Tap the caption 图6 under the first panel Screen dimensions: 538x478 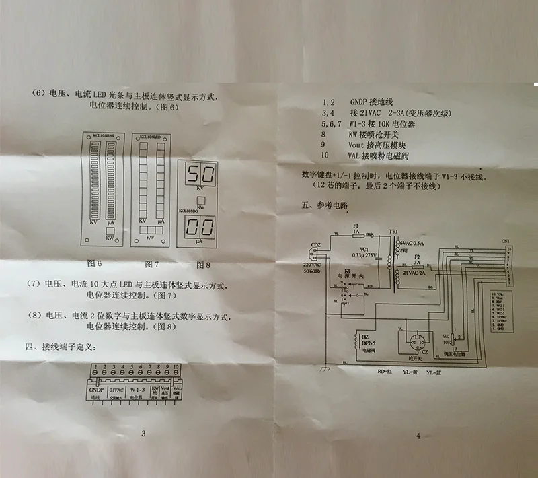click(95, 264)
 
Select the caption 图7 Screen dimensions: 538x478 click(153, 264)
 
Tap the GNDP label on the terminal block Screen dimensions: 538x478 click(95, 390)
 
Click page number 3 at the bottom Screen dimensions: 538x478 click(143, 434)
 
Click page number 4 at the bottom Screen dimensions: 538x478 click(418, 436)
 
